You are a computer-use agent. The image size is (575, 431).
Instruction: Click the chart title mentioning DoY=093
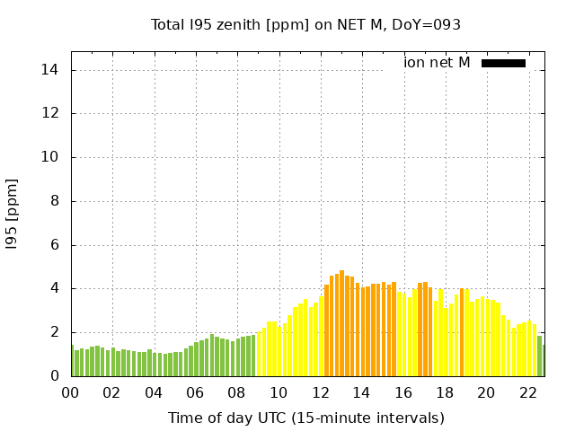point(305,25)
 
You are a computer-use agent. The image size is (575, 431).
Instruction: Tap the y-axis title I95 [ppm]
point(12,214)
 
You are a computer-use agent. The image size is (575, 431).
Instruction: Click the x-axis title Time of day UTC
point(305,418)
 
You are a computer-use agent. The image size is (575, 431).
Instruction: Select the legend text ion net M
point(437,63)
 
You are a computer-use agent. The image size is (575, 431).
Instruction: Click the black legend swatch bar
point(503,63)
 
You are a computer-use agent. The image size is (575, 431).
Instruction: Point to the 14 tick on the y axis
point(50,70)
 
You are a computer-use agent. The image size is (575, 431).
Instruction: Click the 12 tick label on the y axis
point(50,114)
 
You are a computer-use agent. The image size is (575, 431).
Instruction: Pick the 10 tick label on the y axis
point(50,157)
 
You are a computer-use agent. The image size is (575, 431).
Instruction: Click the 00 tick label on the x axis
point(70,392)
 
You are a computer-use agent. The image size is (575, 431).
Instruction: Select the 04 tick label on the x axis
point(154,392)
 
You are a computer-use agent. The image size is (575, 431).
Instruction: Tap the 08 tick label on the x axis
point(236,392)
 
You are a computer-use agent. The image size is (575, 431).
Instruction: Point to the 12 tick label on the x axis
point(320,392)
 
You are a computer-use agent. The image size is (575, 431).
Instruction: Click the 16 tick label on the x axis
point(402,392)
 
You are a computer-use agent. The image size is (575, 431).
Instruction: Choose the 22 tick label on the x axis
point(527,392)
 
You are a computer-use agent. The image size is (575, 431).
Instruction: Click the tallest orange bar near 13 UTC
point(341,323)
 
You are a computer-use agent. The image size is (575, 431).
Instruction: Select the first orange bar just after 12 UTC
point(326,330)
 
